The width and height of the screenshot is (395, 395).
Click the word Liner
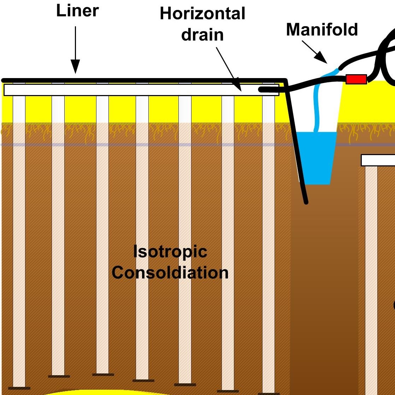coord(77,11)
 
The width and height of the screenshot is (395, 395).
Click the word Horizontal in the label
coord(202,14)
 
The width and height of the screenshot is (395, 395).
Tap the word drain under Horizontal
coord(202,35)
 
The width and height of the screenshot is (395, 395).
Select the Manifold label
coord(322,30)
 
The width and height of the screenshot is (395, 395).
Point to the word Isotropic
coord(170,252)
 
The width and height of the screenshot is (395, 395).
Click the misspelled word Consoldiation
coord(170,273)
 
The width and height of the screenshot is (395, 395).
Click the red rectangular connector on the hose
coord(356,79)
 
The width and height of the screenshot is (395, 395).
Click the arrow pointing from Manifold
coord(314,52)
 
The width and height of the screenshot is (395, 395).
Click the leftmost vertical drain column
coord(19,240)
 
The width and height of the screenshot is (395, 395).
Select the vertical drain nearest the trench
coord(269,240)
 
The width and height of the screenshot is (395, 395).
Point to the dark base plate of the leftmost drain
coord(19,388)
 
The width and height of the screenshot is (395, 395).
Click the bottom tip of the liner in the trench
coord(306,202)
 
